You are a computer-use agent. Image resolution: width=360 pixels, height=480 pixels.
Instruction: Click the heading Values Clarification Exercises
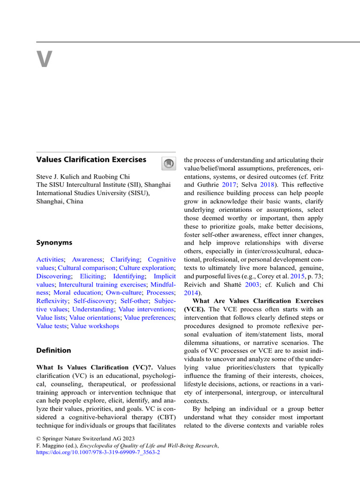pos(91,159)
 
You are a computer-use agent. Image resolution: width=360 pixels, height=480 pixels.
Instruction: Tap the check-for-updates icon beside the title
pos(168,164)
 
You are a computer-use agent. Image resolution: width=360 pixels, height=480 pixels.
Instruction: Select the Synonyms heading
pos(54,243)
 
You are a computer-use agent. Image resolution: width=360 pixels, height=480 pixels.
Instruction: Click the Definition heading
pos(54,350)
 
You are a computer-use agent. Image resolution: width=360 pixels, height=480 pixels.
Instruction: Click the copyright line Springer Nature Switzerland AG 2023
pos(84,438)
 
